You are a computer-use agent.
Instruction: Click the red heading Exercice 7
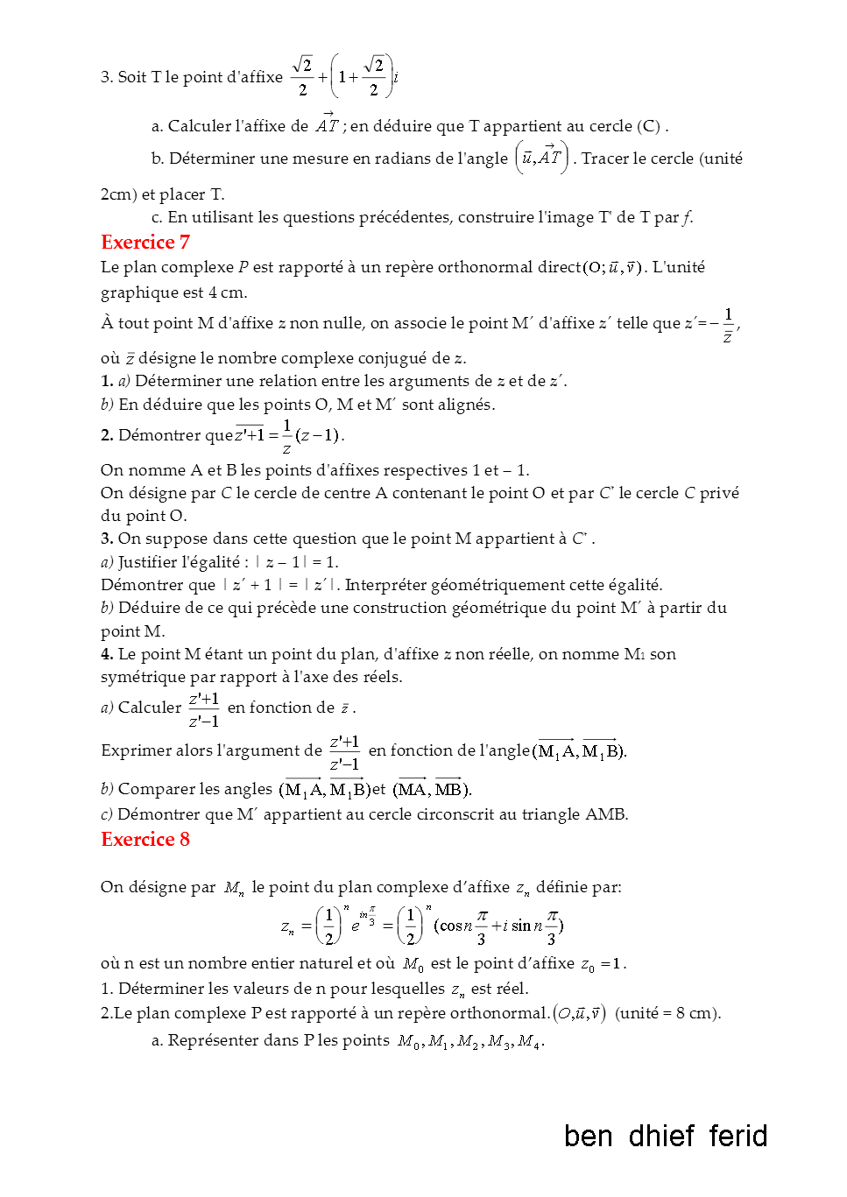(x=145, y=243)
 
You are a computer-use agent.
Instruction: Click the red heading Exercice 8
(x=145, y=840)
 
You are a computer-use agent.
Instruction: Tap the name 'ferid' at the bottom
(x=738, y=1137)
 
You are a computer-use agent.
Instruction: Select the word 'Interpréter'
(x=386, y=585)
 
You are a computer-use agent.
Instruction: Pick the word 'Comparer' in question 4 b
(x=152, y=789)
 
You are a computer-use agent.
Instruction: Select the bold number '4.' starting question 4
(x=107, y=654)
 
